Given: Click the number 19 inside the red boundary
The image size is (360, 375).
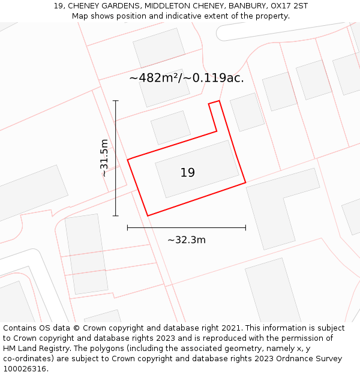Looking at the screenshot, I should point(187,173).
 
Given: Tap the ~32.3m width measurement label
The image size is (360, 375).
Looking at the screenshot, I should point(186,240).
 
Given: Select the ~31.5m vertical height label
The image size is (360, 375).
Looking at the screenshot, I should point(104,158).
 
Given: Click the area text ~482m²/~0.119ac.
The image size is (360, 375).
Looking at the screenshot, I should point(186,77).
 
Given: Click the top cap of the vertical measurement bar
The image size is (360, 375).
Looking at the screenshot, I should point(116,101).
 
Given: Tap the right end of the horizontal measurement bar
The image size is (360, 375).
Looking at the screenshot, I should point(245,227).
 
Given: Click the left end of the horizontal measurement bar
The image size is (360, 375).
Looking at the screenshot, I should point(128,227).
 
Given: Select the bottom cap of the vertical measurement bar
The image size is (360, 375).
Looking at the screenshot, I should point(116,215).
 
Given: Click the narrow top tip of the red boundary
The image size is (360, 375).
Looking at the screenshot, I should point(214,102).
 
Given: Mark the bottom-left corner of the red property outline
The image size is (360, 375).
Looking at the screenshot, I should point(148,215).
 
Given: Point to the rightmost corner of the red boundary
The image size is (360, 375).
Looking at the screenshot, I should point(245,182).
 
